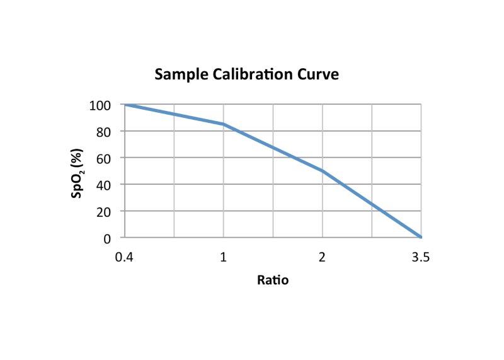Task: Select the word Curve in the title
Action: (318, 74)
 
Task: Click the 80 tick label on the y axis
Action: (104, 131)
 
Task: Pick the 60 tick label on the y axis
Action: (104, 158)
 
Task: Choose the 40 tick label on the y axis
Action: (104, 185)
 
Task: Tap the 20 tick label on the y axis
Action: (104, 211)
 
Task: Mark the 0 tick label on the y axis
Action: (107, 238)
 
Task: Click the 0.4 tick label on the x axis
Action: (124, 257)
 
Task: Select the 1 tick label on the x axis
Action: (224, 257)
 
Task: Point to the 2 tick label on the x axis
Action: (323, 257)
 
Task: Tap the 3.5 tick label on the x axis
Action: (421, 257)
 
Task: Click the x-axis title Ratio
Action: (273, 279)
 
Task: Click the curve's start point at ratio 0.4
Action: (125, 104)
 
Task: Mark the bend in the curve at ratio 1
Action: (224, 124)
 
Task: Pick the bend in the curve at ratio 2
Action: (323, 171)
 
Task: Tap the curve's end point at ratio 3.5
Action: (421, 238)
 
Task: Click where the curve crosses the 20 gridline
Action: (382, 211)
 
